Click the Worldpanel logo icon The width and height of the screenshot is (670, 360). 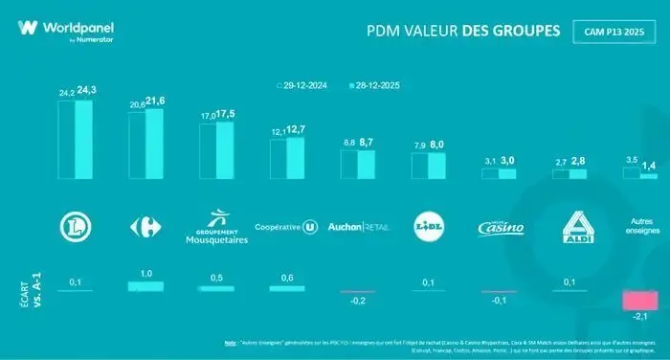(28, 28)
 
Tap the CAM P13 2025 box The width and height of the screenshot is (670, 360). (614, 32)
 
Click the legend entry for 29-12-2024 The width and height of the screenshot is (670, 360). (304, 84)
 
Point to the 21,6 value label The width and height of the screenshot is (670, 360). (155, 101)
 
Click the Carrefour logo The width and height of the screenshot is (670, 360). (145, 227)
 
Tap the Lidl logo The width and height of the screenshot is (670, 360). (427, 227)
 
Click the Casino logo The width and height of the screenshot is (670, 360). (501, 228)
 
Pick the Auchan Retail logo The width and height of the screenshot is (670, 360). (356, 228)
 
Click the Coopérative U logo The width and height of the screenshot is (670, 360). (285, 228)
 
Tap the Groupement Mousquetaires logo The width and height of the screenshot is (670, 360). (215, 228)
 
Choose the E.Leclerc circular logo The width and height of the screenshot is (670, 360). (75, 227)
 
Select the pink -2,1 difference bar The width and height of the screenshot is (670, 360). (638, 301)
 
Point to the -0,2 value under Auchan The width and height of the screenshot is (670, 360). (356, 301)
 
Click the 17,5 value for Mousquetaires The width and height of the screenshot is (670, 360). (226, 114)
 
